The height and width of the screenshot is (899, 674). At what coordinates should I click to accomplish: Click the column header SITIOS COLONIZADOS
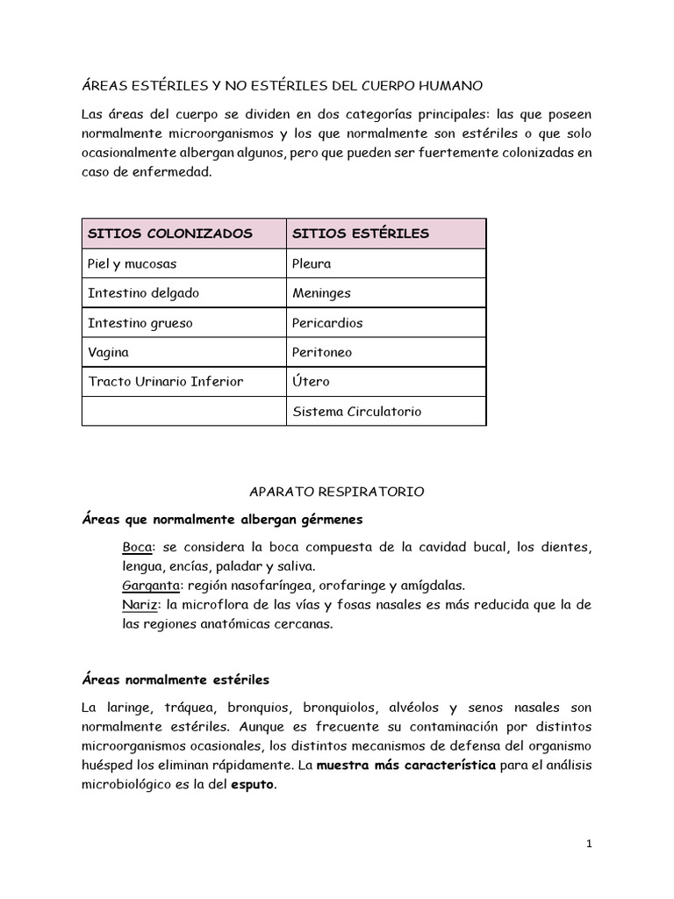pyautogui.click(x=169, y=234)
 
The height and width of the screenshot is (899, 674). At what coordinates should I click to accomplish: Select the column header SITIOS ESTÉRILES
pyautogui.click(x=360, y=234)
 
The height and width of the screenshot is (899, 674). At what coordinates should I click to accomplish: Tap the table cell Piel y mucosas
pyautogui.click(x=132, y=263)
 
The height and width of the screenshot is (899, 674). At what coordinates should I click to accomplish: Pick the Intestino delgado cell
pyautogui.click(x=143, y=293)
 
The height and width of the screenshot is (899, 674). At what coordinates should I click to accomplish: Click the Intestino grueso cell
pyautogui.click(x=140, y=323)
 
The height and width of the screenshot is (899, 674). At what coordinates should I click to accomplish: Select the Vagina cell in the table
pyautogui.click(x=108, y=352)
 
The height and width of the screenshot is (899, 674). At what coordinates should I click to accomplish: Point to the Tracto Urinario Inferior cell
pyautogui.click(x=165, y=382)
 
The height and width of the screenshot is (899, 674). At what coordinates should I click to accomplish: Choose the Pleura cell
pyautogui.click(x=312, y=263)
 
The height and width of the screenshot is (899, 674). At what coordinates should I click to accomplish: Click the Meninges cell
pyautogui.click(x=321, y=293)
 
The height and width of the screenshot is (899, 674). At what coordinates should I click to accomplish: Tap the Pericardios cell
pyautogui.click(x=327, y=323)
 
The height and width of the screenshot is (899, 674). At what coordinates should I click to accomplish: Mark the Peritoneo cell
pyautogui.click(x=322, y=352)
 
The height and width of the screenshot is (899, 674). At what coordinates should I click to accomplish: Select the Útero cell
pyautogui.click(x=311, y=382)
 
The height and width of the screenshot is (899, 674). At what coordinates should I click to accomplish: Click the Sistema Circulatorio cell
pyautogui.click(x=356, y=412)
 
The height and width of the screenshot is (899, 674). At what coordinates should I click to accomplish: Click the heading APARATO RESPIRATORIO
pyautogui.click(x=336, y=493)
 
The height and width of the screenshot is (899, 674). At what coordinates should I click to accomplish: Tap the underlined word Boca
pyautogui.click(x=136, y=547)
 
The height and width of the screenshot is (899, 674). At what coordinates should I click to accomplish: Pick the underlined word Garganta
pyautogui.click(x=149, y=586)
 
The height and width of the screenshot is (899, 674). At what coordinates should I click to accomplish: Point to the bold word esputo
pyautogui.click(x=253, y=786)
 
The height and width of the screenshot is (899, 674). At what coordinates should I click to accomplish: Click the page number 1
pyautogui.click(x=589, y=845)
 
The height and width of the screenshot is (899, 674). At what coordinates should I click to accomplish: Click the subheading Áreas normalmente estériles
pyautogui.click(x=176, y=680)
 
